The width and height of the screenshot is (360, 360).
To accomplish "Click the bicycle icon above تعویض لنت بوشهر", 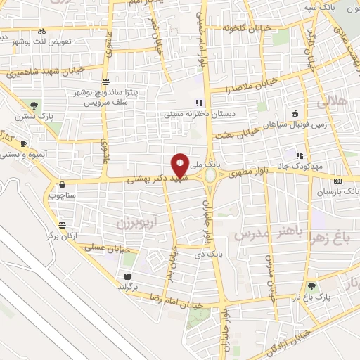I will pos(42,31).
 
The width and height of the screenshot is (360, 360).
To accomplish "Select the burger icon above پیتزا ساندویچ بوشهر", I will pos(105,82).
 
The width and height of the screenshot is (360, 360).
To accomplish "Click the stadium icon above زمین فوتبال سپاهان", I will pos(295,115).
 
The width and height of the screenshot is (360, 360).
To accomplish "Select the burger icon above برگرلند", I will pos(127,276).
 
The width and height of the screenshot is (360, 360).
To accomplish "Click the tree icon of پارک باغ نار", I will pos(311,286).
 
